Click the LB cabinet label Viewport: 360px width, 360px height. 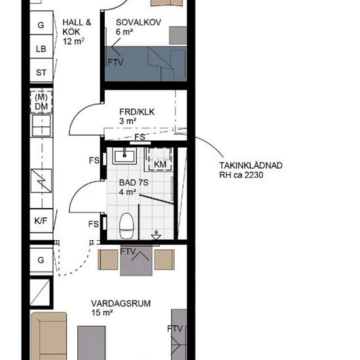pos(41,49)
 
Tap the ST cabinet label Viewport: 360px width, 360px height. pos(41,73)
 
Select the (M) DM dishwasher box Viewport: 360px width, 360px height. pos(41,102)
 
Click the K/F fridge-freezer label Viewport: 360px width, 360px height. pos(41,221)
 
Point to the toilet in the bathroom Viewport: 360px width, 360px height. pos(126,226)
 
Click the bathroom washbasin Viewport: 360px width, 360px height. pos(124,155)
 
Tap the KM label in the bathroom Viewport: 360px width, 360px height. pos(160,164)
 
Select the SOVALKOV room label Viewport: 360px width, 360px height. pos(139,22)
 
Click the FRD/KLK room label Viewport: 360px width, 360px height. pos(137,112)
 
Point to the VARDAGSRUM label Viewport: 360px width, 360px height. pos(121,304)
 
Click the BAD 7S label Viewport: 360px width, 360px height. pos(134,183)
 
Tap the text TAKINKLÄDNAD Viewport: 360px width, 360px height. pos(251,166)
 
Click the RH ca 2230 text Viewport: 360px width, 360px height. pos(241,175)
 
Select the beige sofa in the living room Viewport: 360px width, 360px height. pos(48,336)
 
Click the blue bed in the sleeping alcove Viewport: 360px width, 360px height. pos(146,63)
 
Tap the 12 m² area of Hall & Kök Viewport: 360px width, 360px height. pos(73,41)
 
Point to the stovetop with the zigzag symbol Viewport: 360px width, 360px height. pos(41,181)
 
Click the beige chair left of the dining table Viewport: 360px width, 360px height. pos(108,259)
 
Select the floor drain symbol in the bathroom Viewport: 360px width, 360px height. pos(156,236)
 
